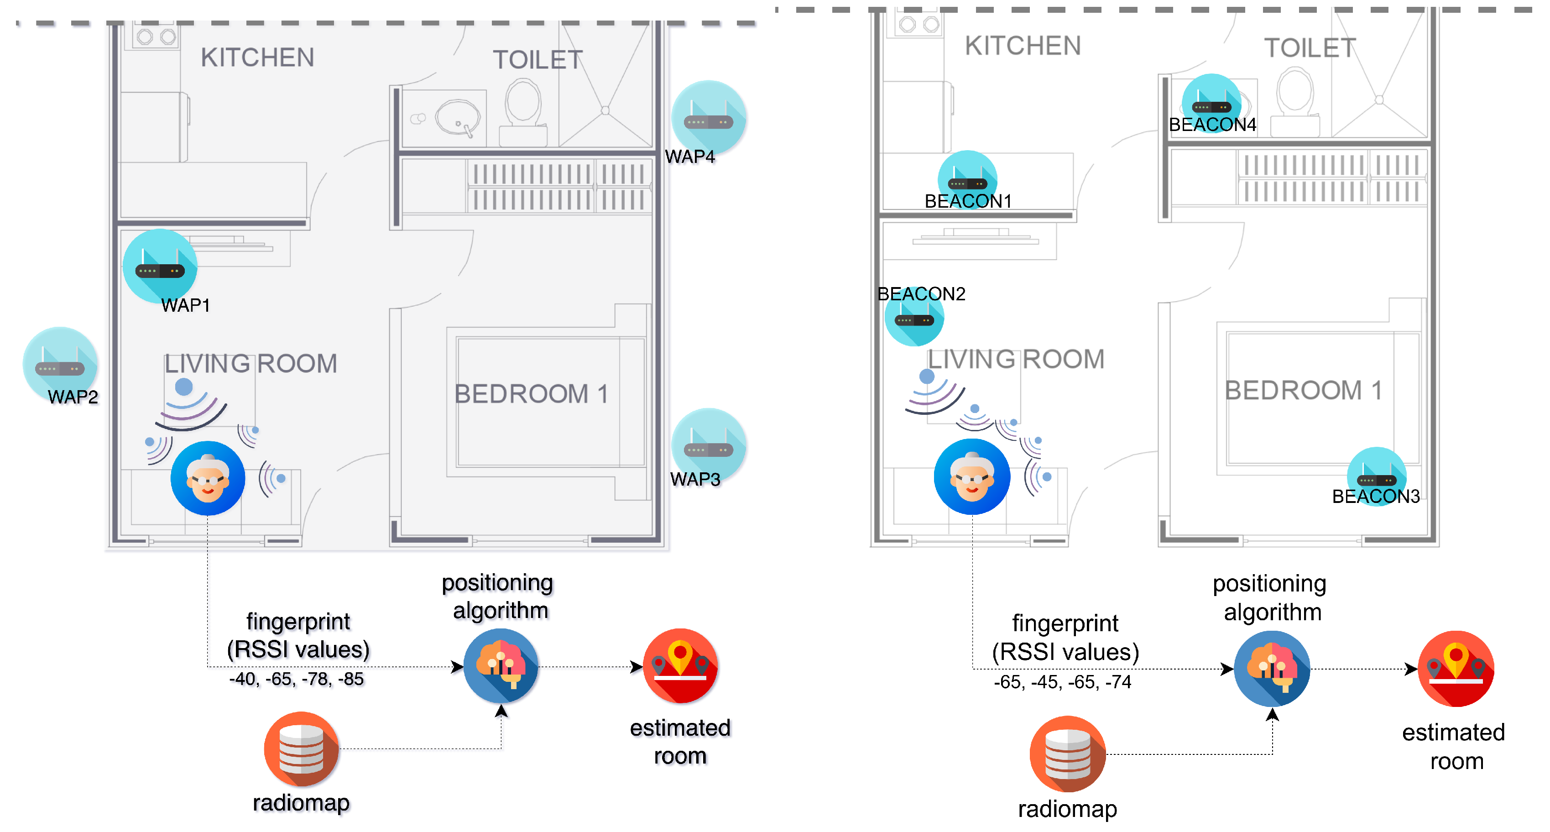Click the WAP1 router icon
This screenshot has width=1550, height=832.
(159, 266)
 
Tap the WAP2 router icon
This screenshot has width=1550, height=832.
(60, 364)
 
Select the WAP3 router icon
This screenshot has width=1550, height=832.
(708, 445)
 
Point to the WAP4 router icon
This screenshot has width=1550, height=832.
(708, 118)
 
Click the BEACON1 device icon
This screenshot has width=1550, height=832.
(967, 179)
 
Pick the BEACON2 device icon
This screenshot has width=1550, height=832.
(913, 317)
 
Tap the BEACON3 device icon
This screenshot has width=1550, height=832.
(1376, 476)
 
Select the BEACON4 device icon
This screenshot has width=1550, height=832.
(1211, 103)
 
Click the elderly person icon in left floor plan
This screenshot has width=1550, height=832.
(208, 479)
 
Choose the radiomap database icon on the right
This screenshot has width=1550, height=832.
(1067, 754)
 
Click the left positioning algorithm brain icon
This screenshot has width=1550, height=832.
(501, 666)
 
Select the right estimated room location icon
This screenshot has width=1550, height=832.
(1456, 668)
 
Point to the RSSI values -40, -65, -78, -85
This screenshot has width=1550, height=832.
(297, 679)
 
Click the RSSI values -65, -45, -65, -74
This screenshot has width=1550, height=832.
(1063, 682)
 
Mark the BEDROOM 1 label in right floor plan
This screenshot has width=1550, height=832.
(1303, 390)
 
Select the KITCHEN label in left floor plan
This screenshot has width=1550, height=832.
(257, 58)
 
